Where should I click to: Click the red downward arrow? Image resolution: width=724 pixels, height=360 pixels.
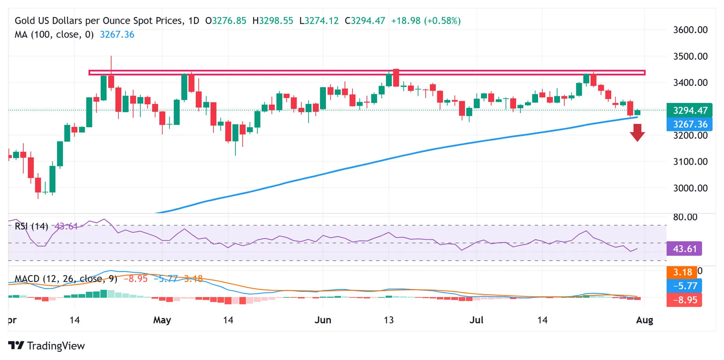coord(637,133)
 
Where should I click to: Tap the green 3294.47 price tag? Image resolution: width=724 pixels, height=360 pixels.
coord(689,110)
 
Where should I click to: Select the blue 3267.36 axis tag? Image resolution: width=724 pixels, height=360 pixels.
coord(689,124)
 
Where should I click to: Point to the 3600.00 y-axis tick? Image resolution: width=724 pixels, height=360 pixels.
coord(690,30)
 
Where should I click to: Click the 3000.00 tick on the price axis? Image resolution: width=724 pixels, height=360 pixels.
coord(690,188)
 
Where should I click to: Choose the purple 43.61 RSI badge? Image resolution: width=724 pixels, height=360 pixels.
coord(684,249)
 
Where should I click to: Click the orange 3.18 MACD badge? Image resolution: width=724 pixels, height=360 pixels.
coord(682,272)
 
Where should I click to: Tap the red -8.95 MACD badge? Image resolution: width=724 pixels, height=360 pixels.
coord(684,300)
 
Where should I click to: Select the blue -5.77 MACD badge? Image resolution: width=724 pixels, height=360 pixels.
coord(684,286)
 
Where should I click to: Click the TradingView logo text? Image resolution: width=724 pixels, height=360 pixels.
coord(56,346)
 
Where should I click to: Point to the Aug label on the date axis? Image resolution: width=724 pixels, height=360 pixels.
coord(644,320)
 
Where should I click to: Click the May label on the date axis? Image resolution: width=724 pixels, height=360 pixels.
coord(162,320)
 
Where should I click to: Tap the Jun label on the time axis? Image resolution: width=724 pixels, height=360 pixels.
coord(323,320)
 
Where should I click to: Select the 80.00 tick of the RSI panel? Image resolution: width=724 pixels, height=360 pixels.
coord(685,217)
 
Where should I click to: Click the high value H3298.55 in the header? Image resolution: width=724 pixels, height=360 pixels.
coord(273,21)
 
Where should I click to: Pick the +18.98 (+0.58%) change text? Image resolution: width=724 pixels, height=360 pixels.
coord(426,21)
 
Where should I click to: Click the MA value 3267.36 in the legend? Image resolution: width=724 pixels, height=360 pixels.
coord(117,35)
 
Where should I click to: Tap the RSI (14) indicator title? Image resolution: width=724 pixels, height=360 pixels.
coord(31,226)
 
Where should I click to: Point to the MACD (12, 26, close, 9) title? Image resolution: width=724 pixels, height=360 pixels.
coord(66,279)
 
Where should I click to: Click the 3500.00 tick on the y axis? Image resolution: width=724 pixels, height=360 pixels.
coord(690,57)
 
